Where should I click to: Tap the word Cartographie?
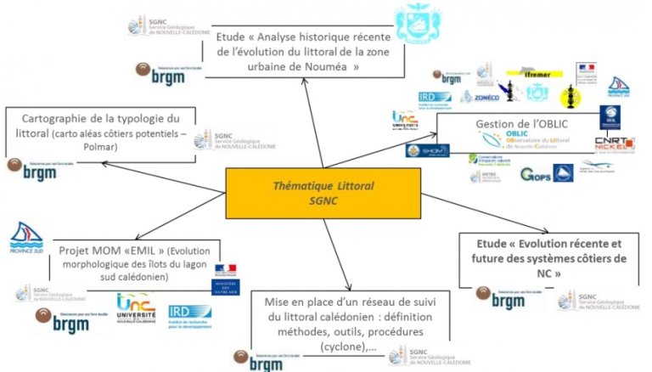tap(61, 117)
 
